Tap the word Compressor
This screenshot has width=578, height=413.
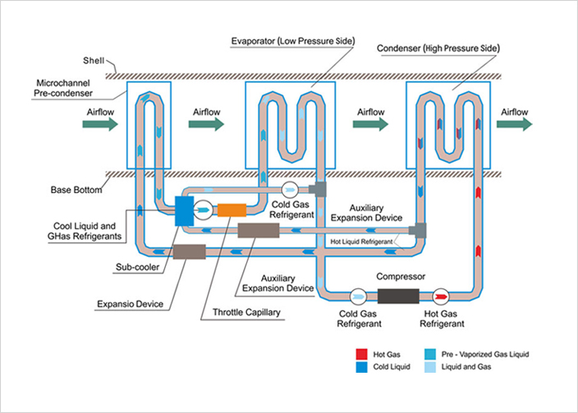pos(398,278)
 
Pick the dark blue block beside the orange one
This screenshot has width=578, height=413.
pos(183,209)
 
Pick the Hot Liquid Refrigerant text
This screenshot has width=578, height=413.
pos(362,241)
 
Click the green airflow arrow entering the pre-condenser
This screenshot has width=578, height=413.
pos(100,124)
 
